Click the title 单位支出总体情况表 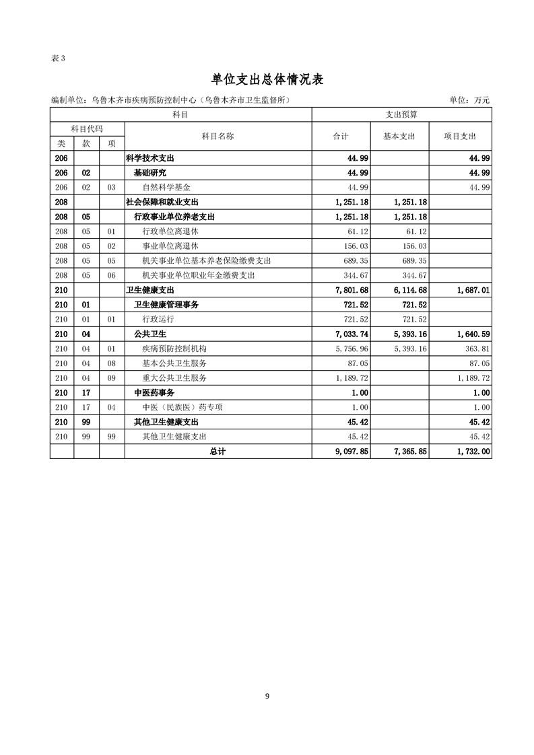267,79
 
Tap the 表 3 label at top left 58,58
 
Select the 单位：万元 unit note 470,100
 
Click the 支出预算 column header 401,115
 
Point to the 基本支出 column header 399,136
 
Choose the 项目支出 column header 460,136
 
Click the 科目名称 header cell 218,136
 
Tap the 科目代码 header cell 87,129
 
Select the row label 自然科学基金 166,187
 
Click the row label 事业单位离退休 170,246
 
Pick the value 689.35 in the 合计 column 356,261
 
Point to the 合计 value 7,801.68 352,290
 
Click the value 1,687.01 473,290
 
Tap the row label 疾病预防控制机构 174,349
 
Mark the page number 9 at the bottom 267,696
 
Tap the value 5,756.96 352,349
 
